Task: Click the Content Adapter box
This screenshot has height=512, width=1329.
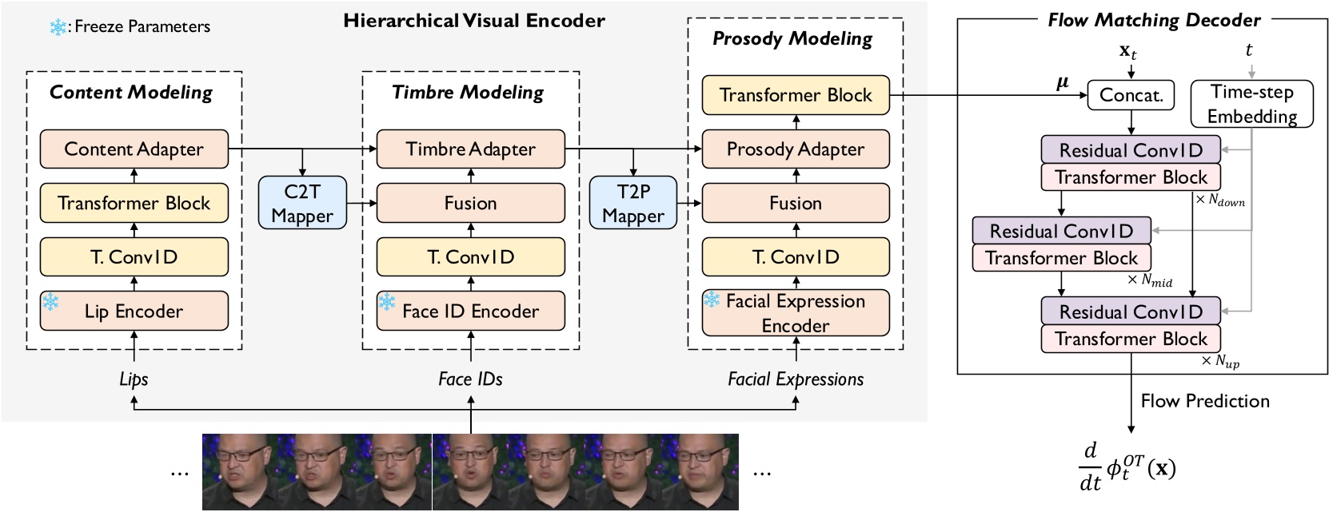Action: pos(134,149)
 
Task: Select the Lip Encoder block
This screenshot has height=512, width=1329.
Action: pos(134,311)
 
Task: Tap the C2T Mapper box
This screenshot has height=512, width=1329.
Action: pos(302,203)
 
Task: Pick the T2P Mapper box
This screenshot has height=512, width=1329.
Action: pos(633,203)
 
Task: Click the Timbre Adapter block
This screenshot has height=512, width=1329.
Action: pos(470,149)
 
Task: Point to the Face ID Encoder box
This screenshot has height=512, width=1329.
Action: pos(470,311)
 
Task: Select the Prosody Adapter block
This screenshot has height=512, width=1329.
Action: pos(795,149)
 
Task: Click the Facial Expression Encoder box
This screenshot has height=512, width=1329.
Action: pos(795,312)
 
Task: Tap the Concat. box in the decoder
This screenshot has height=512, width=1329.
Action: pos(1131,95)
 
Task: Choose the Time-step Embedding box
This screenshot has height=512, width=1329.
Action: pos(1251,104)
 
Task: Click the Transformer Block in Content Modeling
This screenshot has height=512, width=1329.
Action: pos(134,203)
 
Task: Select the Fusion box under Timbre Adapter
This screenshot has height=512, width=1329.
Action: pos(470,203)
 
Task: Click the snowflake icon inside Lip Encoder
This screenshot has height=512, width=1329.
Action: pos(51,302)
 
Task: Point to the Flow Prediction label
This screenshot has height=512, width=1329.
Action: pos(1204,401)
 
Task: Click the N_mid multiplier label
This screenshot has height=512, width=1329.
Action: pos(1150,280)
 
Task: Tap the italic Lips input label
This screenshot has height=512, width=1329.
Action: pos(134,379)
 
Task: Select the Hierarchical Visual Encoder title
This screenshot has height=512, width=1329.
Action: pos(473,21)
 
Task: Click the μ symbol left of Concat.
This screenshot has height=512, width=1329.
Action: pos(1062,82)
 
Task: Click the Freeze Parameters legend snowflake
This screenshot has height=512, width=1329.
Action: pos(58,27)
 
